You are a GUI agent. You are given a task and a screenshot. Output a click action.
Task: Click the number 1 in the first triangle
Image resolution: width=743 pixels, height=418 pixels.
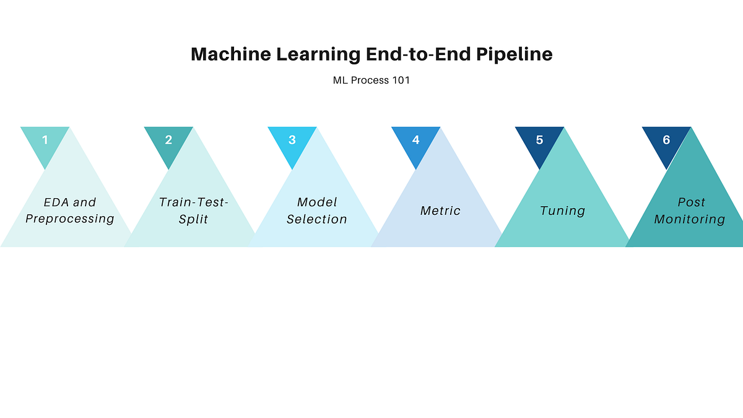pos(45,140)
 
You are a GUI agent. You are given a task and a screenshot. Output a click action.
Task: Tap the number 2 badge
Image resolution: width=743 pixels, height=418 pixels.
pos(168,140)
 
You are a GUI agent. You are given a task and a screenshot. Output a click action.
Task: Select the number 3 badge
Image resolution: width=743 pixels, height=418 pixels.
pos(292,140)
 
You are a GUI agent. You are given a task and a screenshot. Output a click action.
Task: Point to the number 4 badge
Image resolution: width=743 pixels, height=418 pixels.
pos(415,140)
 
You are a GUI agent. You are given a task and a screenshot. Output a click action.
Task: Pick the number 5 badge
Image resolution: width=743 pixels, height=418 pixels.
pos(539,140)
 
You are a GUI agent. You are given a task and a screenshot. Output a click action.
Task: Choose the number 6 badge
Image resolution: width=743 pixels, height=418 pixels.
pos(666,140)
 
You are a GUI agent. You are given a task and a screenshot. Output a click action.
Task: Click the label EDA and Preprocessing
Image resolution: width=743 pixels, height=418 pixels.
pos(70,211)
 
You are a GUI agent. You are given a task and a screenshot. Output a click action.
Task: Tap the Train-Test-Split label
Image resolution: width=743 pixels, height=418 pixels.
pos(193,211)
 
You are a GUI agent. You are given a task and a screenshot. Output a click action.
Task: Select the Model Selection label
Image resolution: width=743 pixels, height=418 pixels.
pos(317,211)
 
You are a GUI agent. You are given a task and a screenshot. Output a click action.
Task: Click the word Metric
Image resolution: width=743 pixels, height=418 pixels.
pos(440,211)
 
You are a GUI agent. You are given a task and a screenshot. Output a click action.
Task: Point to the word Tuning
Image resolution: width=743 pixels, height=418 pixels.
pos(562,211)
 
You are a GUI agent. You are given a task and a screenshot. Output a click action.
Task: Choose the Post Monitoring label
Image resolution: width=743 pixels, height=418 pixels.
pos(690,211)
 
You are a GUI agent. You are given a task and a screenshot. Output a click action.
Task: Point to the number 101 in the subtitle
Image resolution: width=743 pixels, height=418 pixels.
pos(401,81)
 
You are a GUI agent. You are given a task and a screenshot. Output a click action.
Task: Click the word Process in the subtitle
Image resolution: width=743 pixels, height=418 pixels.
pos(371,81)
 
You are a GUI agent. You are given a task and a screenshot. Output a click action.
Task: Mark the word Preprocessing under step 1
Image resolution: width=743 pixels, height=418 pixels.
pos(70,219)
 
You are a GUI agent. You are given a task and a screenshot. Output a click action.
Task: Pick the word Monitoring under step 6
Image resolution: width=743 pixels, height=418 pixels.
pos(690,219)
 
